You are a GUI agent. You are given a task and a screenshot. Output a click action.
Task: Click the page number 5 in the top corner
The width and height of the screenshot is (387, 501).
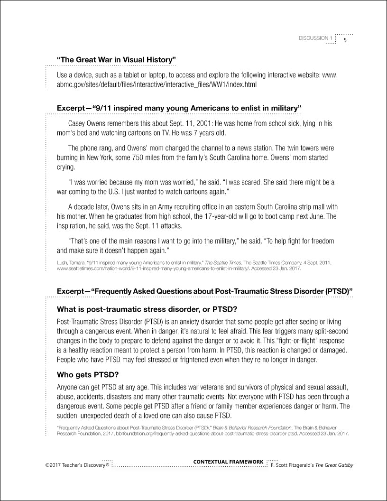click(x=346, y=40)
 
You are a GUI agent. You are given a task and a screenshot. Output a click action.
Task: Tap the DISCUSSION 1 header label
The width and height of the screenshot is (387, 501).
click(x=315, y=38)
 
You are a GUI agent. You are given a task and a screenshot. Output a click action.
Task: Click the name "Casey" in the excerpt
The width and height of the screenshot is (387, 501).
click(x=78, y=123)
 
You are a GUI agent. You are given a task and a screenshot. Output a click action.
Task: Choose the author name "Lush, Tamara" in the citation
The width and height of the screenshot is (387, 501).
click(x=71, y=262)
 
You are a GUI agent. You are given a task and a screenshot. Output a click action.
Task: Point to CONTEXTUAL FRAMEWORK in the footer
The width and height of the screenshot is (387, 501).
click(x=229, y=461)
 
